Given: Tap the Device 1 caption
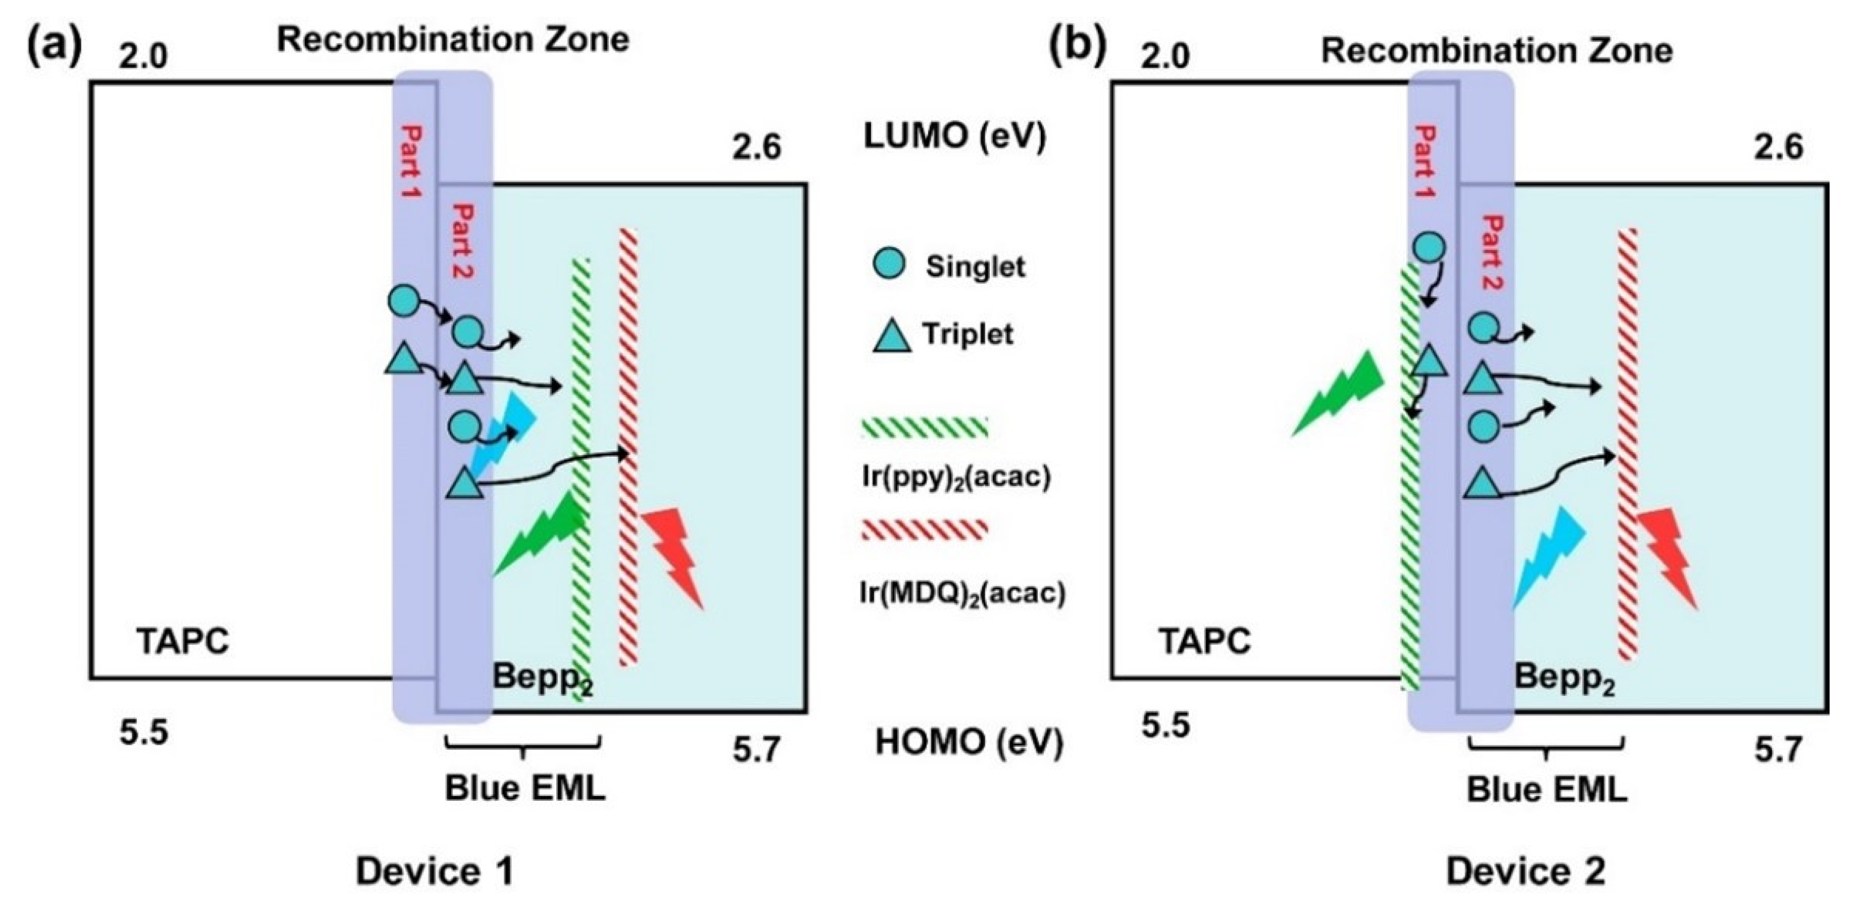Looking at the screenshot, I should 435,871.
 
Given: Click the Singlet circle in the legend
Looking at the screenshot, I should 889,265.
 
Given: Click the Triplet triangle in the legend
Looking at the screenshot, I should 892,336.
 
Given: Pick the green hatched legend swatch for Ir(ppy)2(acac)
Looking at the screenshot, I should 924,428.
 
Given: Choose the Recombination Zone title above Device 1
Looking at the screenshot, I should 453,40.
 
